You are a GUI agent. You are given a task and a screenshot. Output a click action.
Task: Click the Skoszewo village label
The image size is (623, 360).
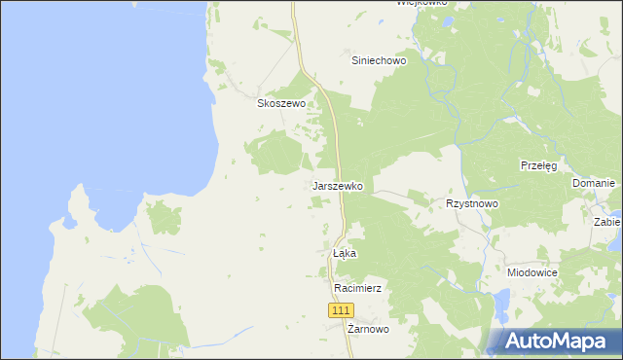coord(281,103)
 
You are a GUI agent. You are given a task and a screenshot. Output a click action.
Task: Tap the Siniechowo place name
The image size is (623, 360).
coord(379,59)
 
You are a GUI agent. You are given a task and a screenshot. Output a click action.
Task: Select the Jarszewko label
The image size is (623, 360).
coord(338,185)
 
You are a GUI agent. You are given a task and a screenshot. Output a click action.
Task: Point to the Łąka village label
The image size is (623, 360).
coord(345,253)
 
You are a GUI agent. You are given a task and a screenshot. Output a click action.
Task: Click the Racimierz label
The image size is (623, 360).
coord(356,289)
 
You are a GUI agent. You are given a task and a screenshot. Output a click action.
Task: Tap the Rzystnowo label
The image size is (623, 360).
coord(472,204)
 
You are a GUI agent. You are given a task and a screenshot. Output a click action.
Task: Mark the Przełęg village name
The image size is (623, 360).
coord(538,166)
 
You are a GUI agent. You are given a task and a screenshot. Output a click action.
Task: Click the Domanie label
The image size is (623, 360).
coord(593,184)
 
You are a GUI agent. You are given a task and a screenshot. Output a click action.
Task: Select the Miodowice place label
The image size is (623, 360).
coord(532,273)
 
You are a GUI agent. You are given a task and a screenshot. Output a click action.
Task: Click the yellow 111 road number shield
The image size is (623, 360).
coord(340,309)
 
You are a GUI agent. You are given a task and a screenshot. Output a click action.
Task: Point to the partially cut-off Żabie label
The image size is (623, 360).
coord(607,222)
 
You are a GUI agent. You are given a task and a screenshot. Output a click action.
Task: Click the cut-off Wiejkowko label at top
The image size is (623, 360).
coord(421,3)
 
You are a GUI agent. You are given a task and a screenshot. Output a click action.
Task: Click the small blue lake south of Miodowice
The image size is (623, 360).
coord(501,308)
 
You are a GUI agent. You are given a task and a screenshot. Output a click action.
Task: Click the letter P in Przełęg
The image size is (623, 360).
coord(524,166)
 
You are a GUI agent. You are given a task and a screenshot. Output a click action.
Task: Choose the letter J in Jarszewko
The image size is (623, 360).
coord(314,185)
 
